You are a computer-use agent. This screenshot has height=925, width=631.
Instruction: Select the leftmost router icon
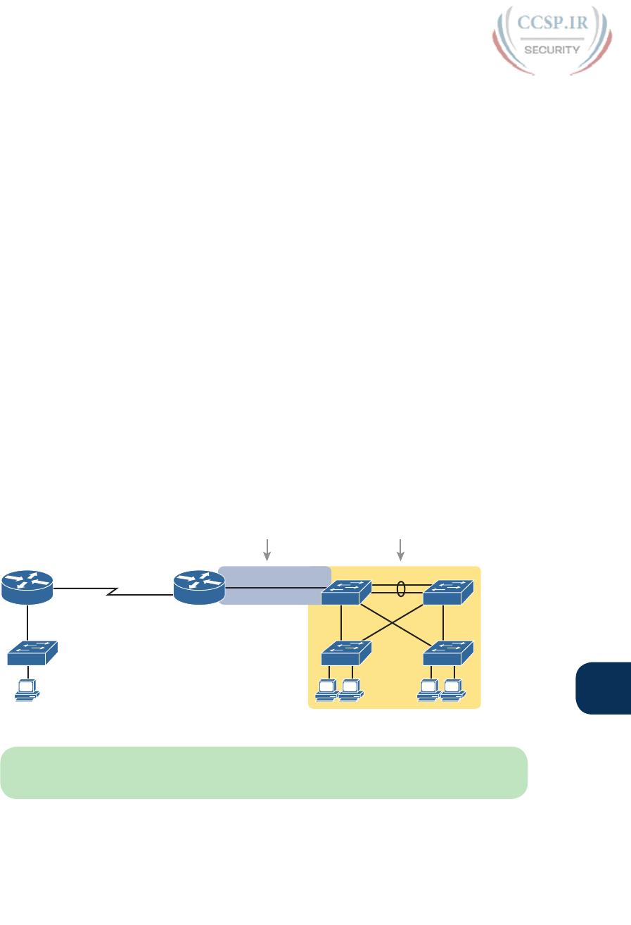click(27, 587)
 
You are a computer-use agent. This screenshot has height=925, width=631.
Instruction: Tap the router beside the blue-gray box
click(199, 587)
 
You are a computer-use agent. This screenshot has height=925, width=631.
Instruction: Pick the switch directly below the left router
click(32, 653)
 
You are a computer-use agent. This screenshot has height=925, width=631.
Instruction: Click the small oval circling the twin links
click(401, 589)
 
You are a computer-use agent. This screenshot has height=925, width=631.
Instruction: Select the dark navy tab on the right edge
click(604, 687)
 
